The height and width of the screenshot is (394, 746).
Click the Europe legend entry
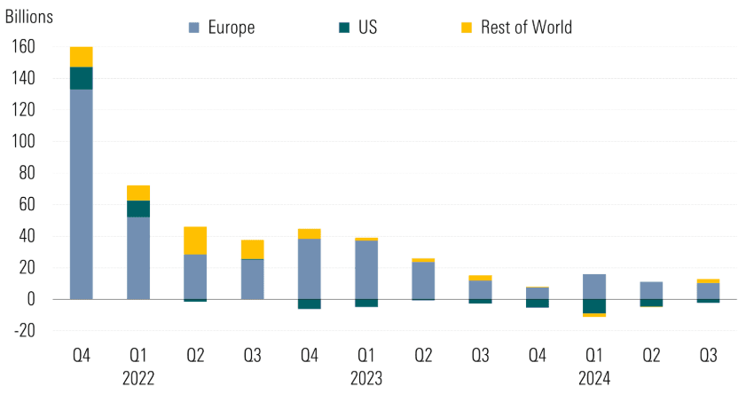(x=222, y=28)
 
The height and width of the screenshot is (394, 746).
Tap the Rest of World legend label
(x=514, y=28)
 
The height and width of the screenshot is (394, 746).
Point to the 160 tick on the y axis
(x=22, y=47)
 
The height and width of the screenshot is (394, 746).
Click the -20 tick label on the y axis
(x=22, y=331)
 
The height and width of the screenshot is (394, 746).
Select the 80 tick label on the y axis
(x=26, y=173)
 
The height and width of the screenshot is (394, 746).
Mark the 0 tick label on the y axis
(x=30, y=299)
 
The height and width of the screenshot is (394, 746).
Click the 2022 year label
(x=138, y=378)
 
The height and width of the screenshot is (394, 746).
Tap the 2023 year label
(x=365, y=378)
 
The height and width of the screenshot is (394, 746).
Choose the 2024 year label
(x=593, y=378)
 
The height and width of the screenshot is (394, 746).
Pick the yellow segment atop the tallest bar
(x=82, y=57)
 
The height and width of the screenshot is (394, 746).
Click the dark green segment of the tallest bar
(x=82, y=78)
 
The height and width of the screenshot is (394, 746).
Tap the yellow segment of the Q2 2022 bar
(x=195, y=240)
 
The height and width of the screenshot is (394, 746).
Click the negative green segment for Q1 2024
(x=593, y=306)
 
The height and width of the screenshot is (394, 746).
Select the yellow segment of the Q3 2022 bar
(x=252, y=249)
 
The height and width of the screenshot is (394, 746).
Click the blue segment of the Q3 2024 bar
(x=707, y=291)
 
